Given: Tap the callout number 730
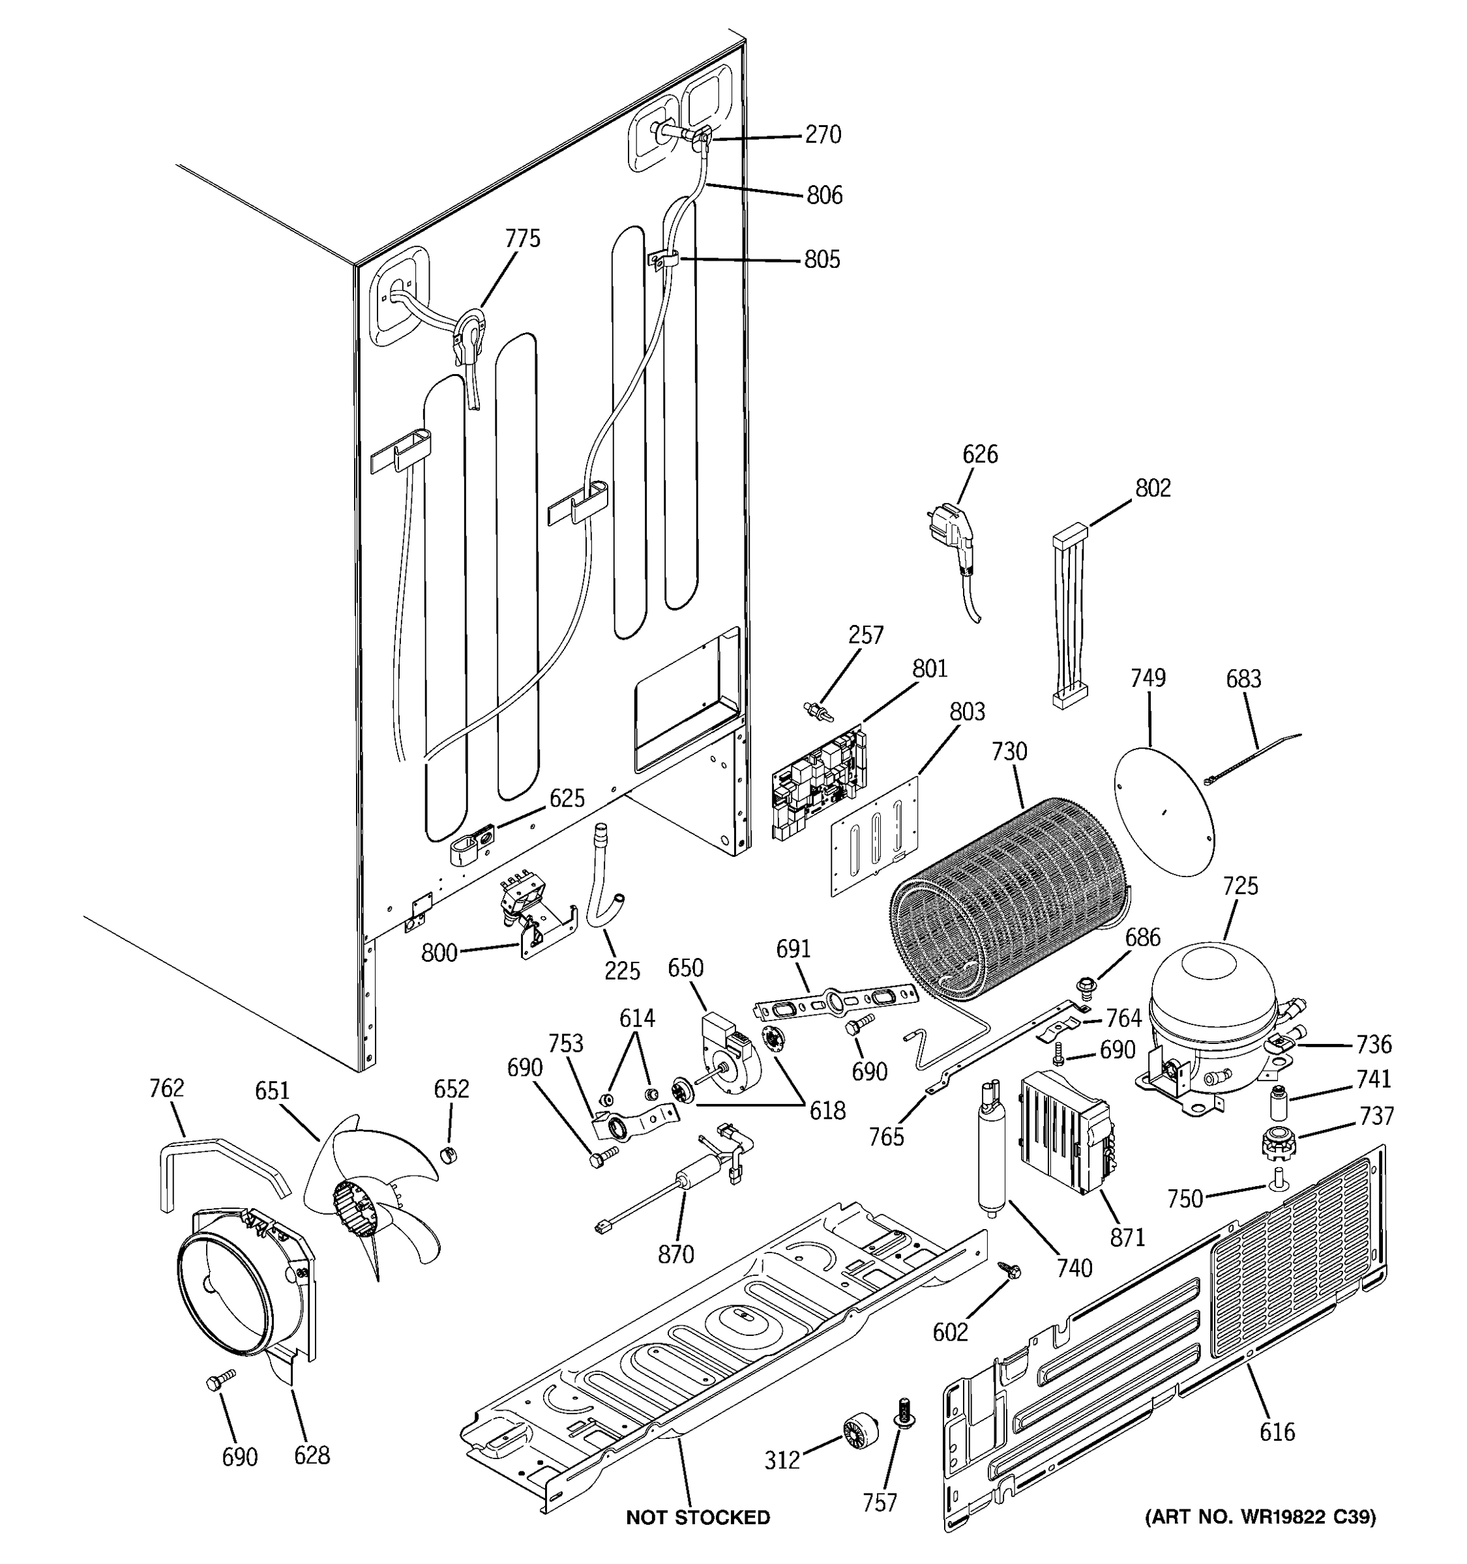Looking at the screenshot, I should [1009, 752].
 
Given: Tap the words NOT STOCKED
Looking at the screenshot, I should [697, 1518].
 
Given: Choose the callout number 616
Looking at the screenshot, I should [1277, 1431].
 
